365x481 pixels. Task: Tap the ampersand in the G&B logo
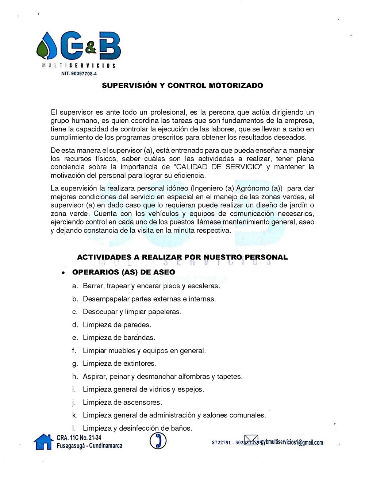91,47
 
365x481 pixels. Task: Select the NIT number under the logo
79,74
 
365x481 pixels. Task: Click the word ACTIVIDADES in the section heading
104,257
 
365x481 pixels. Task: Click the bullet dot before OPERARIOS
64,273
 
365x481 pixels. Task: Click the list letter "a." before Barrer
75,286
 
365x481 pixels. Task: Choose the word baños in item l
181,428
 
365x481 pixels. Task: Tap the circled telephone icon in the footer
158,441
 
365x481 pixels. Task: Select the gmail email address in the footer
292,442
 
